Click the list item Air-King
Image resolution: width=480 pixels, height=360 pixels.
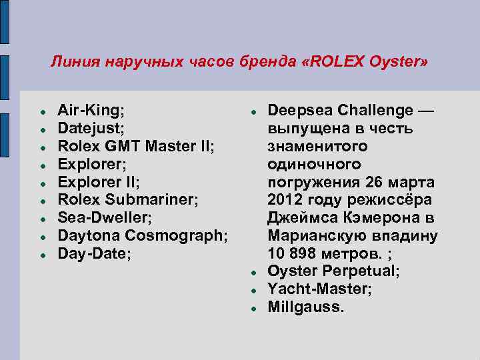point(91,109)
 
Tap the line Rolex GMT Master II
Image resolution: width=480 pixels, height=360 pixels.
point(136,145)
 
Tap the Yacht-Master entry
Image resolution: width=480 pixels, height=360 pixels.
point(319,289)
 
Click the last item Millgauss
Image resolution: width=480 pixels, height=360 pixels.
point(306,307)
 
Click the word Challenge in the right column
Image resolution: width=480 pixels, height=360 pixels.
point(374,109)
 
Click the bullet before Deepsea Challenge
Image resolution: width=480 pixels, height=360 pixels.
point(253,109)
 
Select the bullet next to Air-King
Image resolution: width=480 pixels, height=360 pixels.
point(42,109)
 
